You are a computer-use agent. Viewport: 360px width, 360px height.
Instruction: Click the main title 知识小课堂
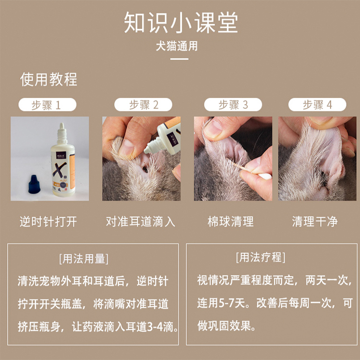click(x=180, y=23)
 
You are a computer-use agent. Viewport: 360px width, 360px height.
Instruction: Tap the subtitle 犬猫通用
click(x=177, y=46)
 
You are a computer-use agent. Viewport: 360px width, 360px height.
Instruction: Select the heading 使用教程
click(x=48, y=79)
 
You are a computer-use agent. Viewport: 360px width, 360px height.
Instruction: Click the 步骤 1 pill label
click(x=48, y=105)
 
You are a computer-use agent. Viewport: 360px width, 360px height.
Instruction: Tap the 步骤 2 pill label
click(x=143, y=105)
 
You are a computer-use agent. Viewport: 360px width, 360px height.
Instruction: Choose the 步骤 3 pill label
click(x=233, y=105)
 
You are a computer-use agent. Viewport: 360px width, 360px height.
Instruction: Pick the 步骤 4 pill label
click(x=317, y=105)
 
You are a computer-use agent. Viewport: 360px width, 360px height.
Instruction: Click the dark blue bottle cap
click(x=34, y=184)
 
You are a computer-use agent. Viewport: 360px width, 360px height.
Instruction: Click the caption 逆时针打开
click(x=48, y=222)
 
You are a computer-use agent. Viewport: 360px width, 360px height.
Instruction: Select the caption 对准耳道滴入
click(x=141, y=222)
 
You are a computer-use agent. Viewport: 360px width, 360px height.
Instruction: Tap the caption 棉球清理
click(x=230, y=222)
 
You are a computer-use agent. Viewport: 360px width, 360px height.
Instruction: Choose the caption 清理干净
click(x=315, y=222)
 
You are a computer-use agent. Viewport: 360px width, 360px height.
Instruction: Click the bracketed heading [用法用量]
click(x=84, y=259)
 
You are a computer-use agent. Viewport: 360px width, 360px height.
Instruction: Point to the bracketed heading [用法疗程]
click(x=261, y=257)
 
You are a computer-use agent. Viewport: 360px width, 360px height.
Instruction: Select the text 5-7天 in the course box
click(x=232, y=303)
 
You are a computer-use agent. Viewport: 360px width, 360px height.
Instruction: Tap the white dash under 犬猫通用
click(x=180, y=59)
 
